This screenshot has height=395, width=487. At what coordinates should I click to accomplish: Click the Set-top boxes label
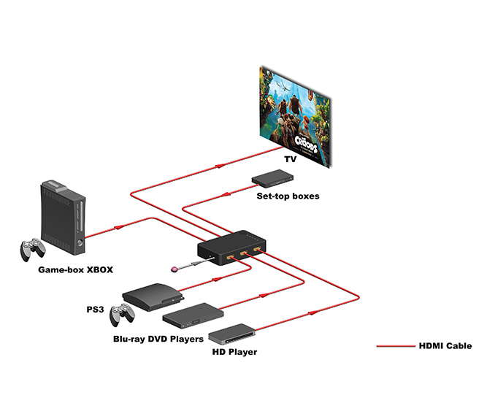[277, 196]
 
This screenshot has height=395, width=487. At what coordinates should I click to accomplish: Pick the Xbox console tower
[61, 212]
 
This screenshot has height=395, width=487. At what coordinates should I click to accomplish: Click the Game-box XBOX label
[76, 269]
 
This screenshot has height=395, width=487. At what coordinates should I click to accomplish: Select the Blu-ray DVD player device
[191, 315]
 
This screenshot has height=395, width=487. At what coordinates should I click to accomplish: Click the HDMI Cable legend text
[445, 346]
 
